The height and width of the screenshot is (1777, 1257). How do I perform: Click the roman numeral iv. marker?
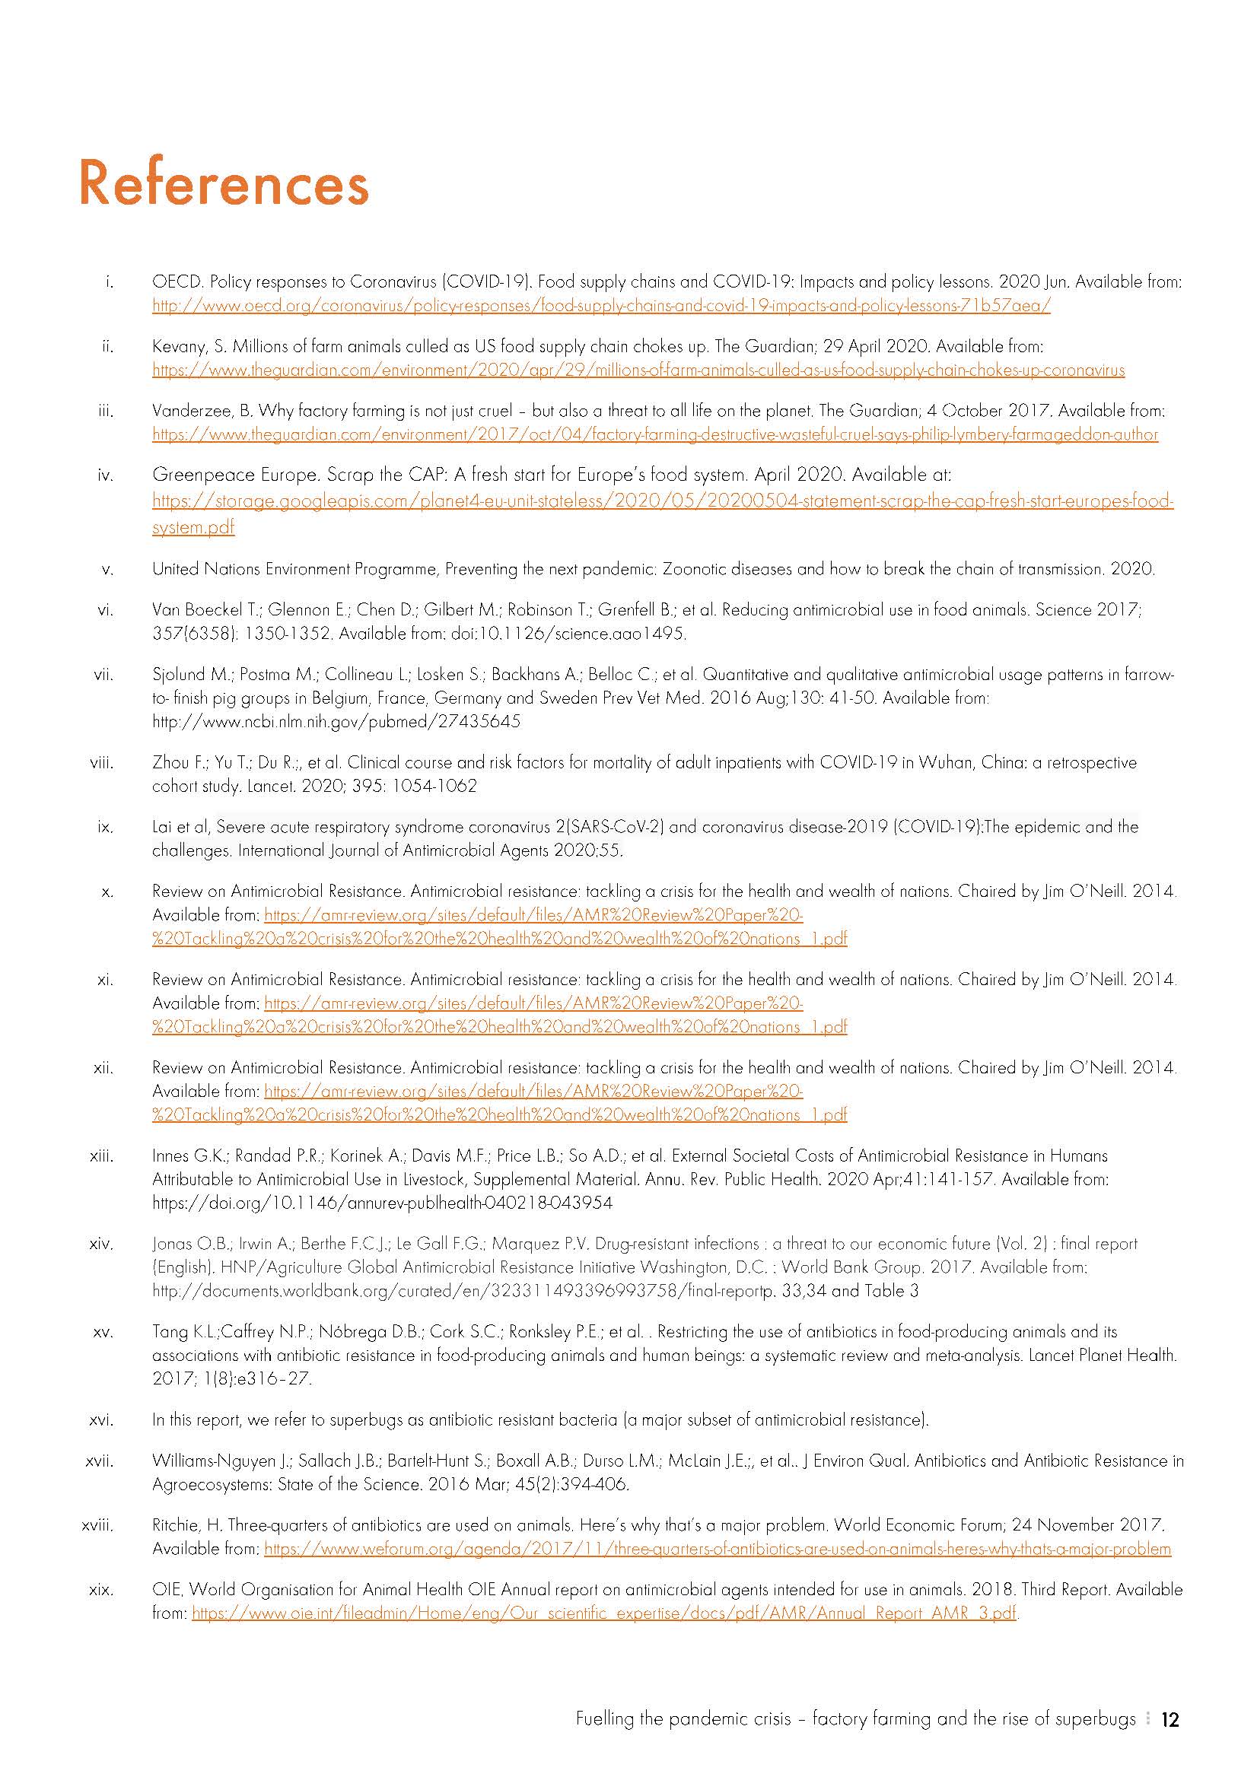[x=105, y=475]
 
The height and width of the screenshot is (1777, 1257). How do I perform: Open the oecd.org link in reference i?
[x=600, y=306]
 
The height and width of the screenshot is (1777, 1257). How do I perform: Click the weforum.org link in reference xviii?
[x=717, y=1549]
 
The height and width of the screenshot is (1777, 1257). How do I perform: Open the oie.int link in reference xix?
[x=603, y=1613]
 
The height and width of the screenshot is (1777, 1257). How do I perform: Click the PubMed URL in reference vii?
[x=336, y=722]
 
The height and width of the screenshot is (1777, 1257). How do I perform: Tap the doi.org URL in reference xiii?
[x=382, y=1203]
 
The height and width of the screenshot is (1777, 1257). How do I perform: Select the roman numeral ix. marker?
[x=105, y=828]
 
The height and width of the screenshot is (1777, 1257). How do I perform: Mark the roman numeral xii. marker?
[x=103, y=1068]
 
